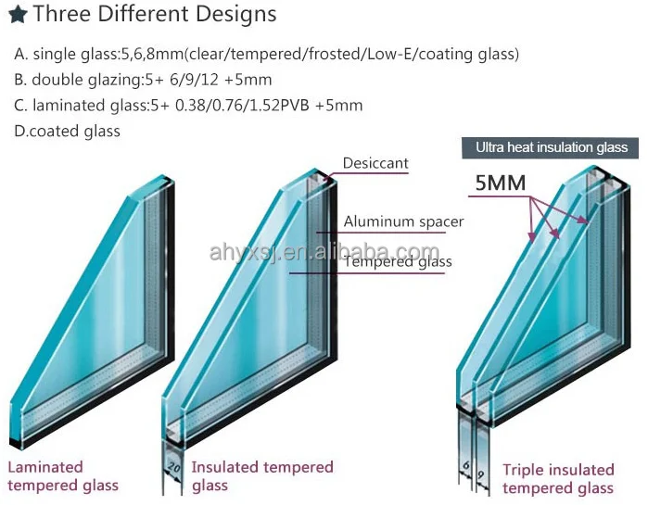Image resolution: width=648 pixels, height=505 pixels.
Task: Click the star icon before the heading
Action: [17, 16]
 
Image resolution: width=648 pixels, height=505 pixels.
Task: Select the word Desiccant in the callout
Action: [375, 164]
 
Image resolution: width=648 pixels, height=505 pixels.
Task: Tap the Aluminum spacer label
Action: [403, 221]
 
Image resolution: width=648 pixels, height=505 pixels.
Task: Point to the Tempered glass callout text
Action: [398, 262]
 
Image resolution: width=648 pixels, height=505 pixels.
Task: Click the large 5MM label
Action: [500, 183]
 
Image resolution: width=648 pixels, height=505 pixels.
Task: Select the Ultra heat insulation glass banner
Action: [552, 147]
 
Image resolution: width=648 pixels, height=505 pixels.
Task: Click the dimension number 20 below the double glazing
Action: [173, 466]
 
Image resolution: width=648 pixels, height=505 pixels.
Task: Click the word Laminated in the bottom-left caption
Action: [45, 468]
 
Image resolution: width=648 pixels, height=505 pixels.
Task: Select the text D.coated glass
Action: [68, 131]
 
